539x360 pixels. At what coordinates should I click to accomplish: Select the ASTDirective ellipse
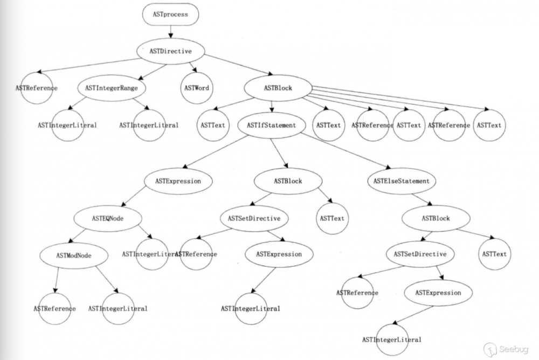170,51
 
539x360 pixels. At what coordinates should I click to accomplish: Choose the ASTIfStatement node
271,125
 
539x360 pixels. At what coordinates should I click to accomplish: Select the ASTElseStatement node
401,181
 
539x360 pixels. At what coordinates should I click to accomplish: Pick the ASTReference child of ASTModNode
54,308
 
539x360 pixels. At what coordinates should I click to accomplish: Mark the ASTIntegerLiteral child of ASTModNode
118,308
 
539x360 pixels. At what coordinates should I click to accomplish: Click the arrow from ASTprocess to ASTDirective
170,32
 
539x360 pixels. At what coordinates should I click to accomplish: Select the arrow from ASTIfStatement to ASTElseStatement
345,153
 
